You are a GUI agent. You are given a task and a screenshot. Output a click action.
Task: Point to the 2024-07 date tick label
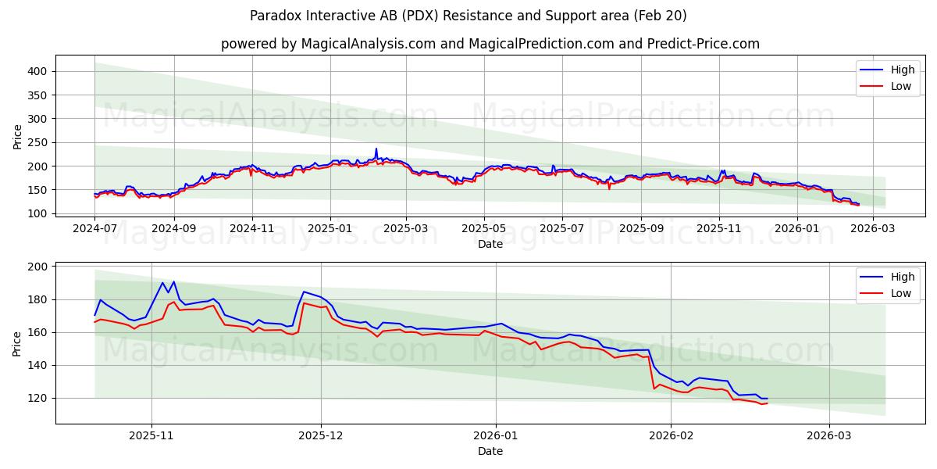click(x=95, y=228)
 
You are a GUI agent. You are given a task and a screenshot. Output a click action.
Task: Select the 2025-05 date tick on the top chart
click(x=484, y=228)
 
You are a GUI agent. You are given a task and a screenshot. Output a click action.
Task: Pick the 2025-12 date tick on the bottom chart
click(x=321, y=435)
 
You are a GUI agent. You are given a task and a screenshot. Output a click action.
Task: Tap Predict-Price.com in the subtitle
click(x=706, y=44)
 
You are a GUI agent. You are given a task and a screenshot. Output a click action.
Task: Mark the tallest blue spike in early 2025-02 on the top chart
click(x=376, y=149)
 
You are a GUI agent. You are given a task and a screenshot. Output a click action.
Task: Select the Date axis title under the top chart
click(x=490, y=244)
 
